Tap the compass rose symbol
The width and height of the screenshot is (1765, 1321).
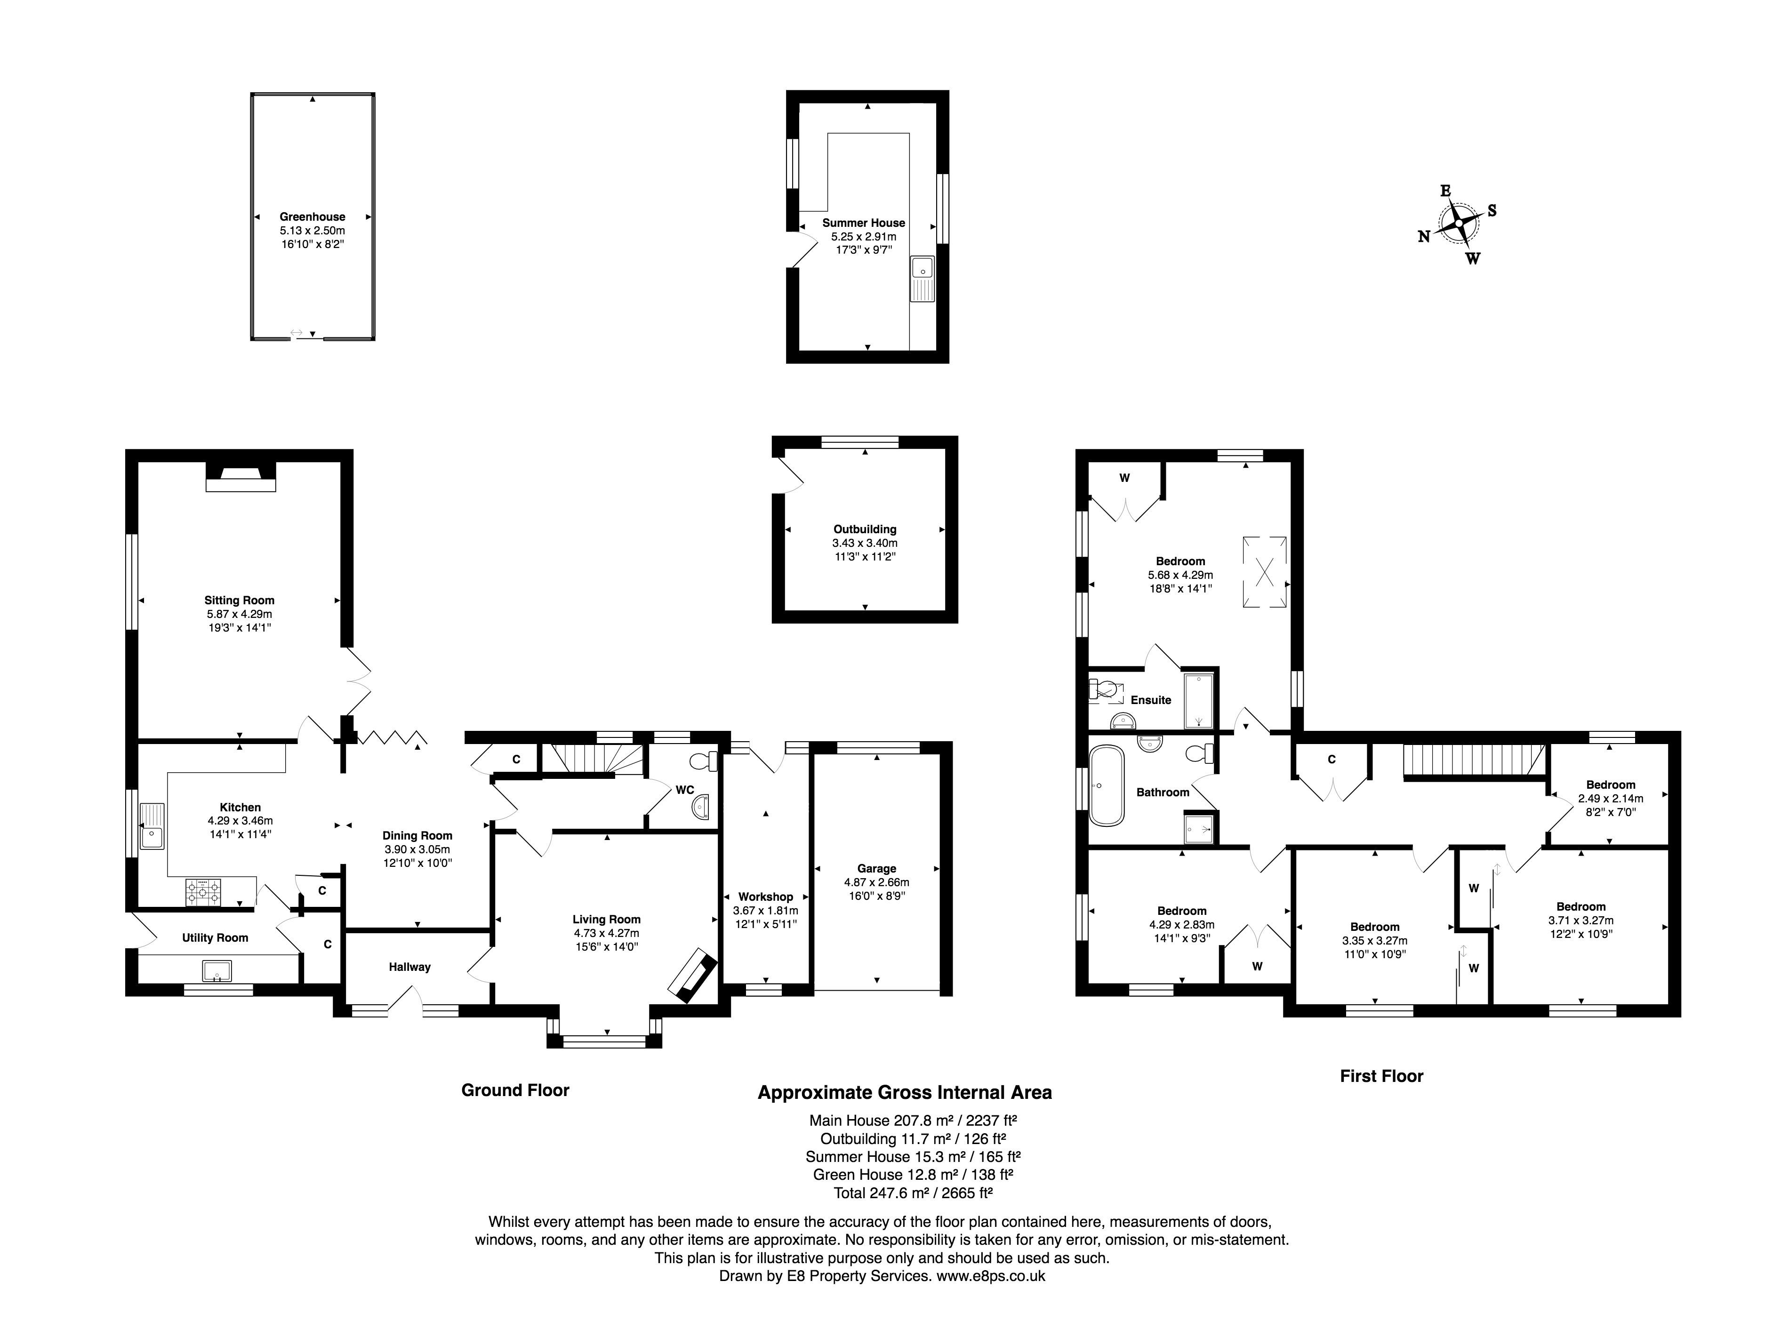pos(1458,224)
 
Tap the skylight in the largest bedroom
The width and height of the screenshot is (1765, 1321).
pos(1265,572)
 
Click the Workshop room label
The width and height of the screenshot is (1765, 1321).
pos(765,897)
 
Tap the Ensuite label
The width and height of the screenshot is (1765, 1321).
pos(1151,700)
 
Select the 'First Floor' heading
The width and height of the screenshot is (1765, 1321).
pos(1381,1076)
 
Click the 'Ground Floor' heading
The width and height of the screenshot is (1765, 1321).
pos(515,1090)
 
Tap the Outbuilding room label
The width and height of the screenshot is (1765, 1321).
pos(865,529)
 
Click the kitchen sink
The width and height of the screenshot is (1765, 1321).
pos(152,825)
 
